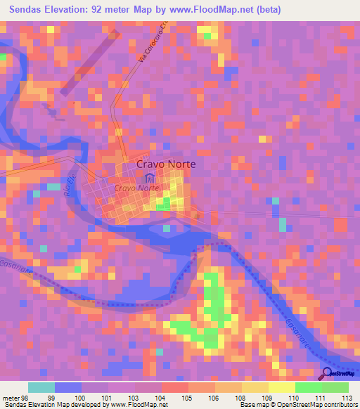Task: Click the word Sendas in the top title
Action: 25,10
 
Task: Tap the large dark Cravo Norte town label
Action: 165,164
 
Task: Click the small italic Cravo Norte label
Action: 136,189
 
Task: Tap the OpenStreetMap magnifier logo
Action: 326,374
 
